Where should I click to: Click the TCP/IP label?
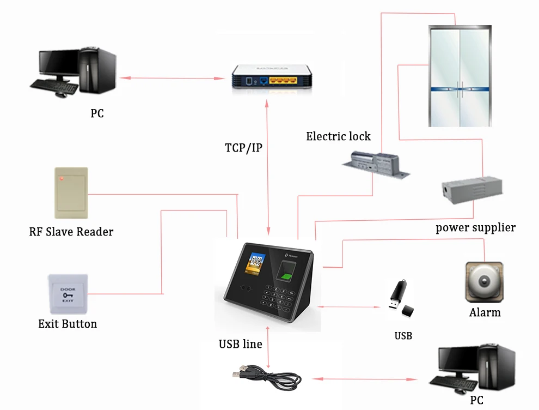point(243,148)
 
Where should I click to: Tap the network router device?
point(271,76)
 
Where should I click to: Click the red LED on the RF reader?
point(62,178)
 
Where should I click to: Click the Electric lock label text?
point(338,136)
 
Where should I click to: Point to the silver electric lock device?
point(376,164)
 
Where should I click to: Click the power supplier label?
point(475,227)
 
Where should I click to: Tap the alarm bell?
point(483,282)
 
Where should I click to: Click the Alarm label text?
point(485,312)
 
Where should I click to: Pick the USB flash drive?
point(400,298)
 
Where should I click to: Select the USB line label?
point(240,344)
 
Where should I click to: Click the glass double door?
point(460,76)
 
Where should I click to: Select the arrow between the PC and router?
point(173,79)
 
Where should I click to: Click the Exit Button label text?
point(68,324)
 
